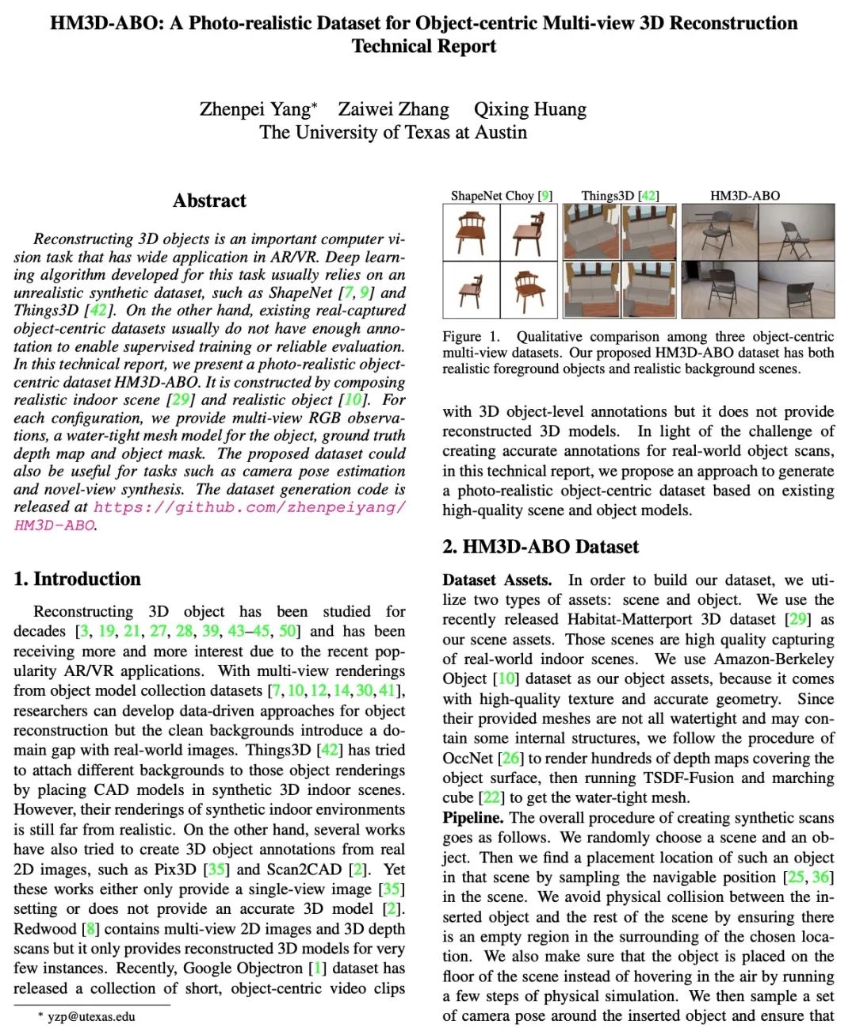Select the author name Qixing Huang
529,109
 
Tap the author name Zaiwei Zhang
393,109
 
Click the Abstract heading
209,201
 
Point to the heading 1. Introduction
77,579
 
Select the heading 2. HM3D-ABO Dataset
541,546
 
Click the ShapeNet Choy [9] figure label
501,196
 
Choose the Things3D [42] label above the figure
620,196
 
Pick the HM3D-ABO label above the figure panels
745,196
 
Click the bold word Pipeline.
472,817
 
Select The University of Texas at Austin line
393,132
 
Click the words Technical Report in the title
424,46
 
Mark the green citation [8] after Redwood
90,928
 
